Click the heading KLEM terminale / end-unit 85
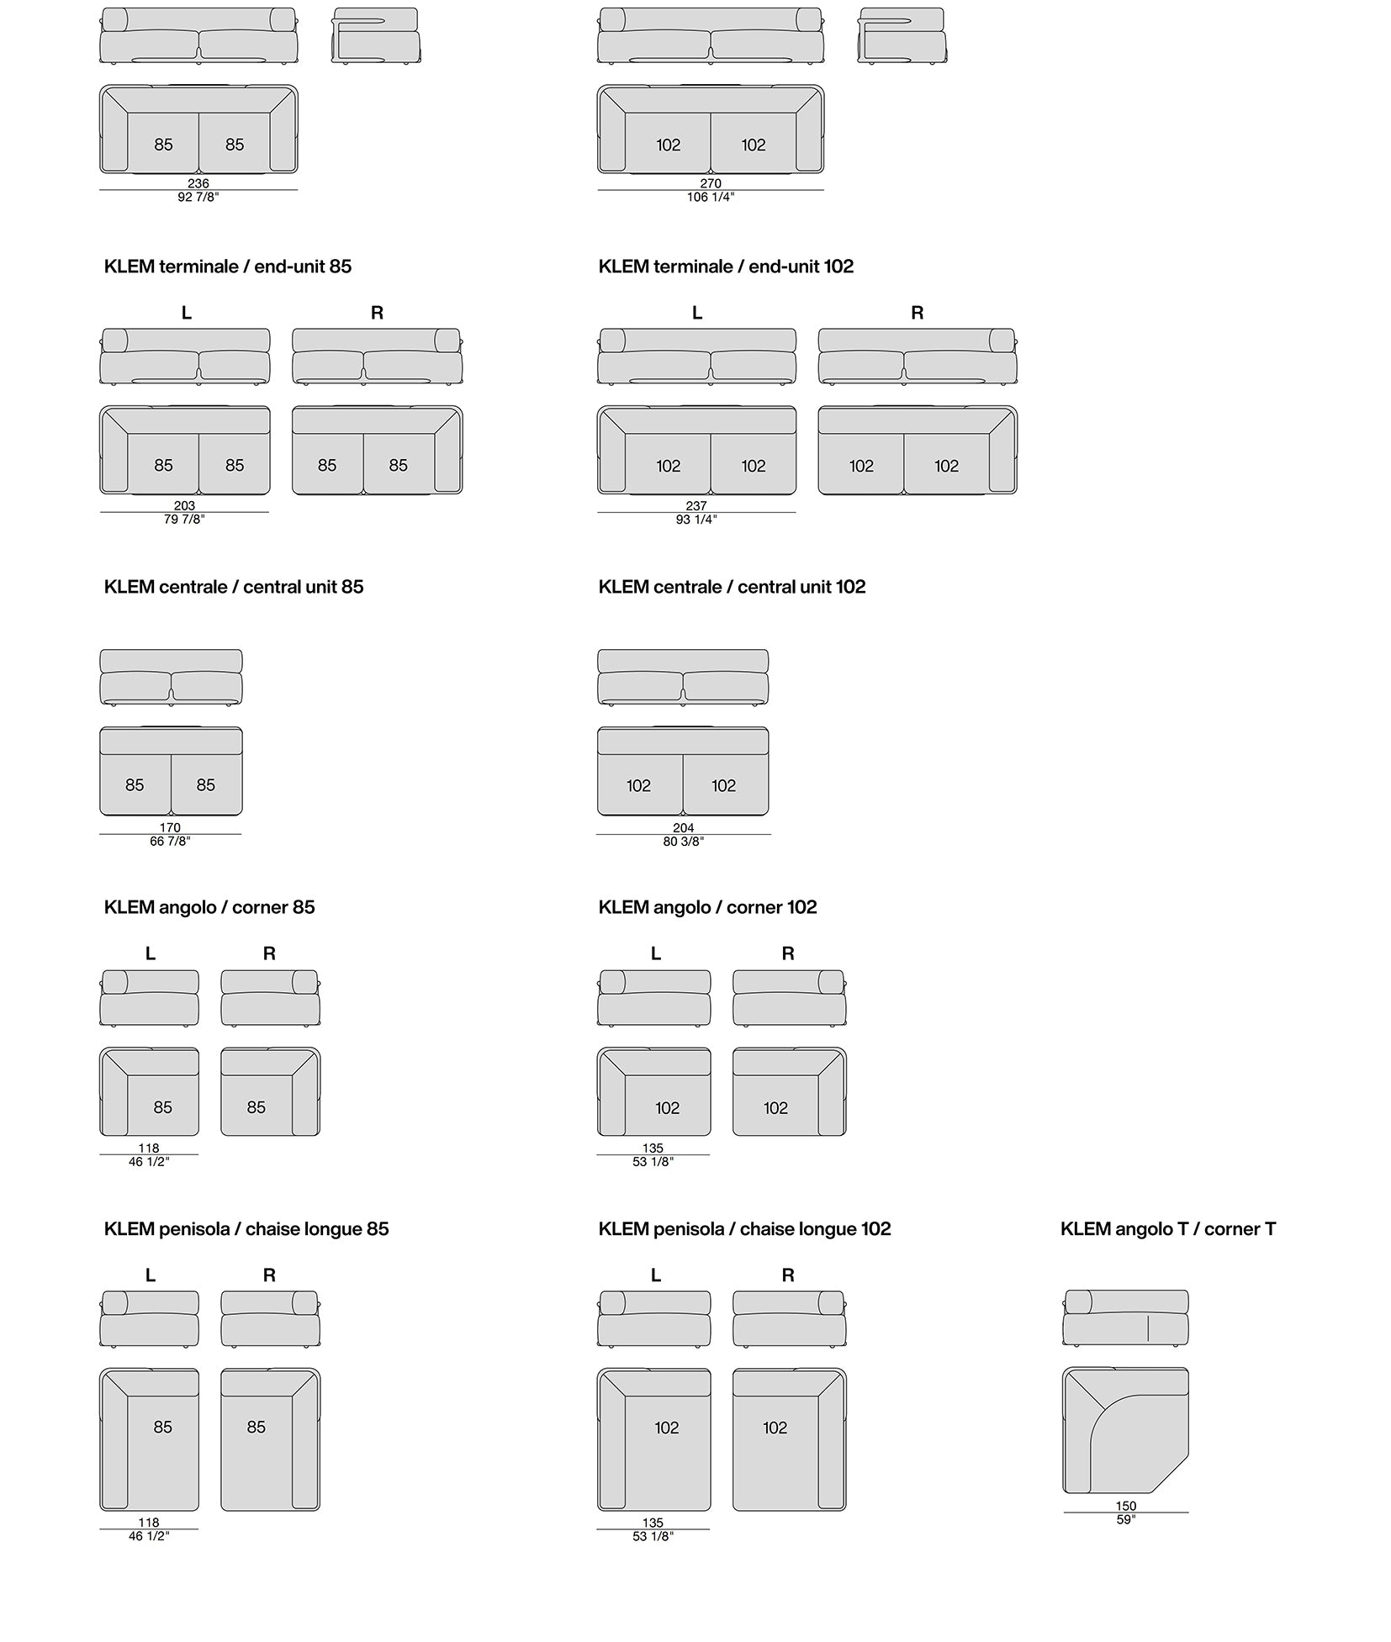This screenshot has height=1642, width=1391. point(228,267)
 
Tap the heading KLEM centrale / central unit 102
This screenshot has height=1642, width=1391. point(732,587)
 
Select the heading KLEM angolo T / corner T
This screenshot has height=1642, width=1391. point(1168,1229)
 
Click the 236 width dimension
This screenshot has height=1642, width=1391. point(198,183)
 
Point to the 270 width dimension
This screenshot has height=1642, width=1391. point(711,183)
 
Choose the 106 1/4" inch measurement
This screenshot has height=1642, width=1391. point(711,197)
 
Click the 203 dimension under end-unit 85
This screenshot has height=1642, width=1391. point(184,506)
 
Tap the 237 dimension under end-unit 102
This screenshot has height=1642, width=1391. point(696,506)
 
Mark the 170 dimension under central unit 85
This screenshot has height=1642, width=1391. point(170,827)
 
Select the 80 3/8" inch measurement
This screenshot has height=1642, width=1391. point(683,842)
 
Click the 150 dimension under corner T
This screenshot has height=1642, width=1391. point(1126,1506)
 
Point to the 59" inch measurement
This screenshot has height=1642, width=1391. point(1126,1519)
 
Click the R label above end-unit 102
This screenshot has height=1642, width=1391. point(918,313)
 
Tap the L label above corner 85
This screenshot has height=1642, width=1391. point(151,953)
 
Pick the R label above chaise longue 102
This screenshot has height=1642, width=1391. point(788,1275)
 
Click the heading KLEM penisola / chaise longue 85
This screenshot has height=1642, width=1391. point(246,1229)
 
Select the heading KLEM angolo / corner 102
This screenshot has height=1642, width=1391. point(707,907)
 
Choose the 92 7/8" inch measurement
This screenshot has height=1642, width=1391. point(198,197)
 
